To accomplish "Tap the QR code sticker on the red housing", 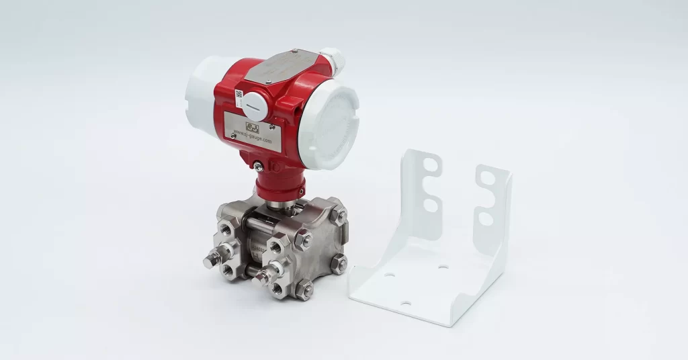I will (x=239, y=94).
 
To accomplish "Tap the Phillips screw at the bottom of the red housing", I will (x=257, y=165).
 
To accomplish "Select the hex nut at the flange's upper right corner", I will (x=340, y=216).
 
